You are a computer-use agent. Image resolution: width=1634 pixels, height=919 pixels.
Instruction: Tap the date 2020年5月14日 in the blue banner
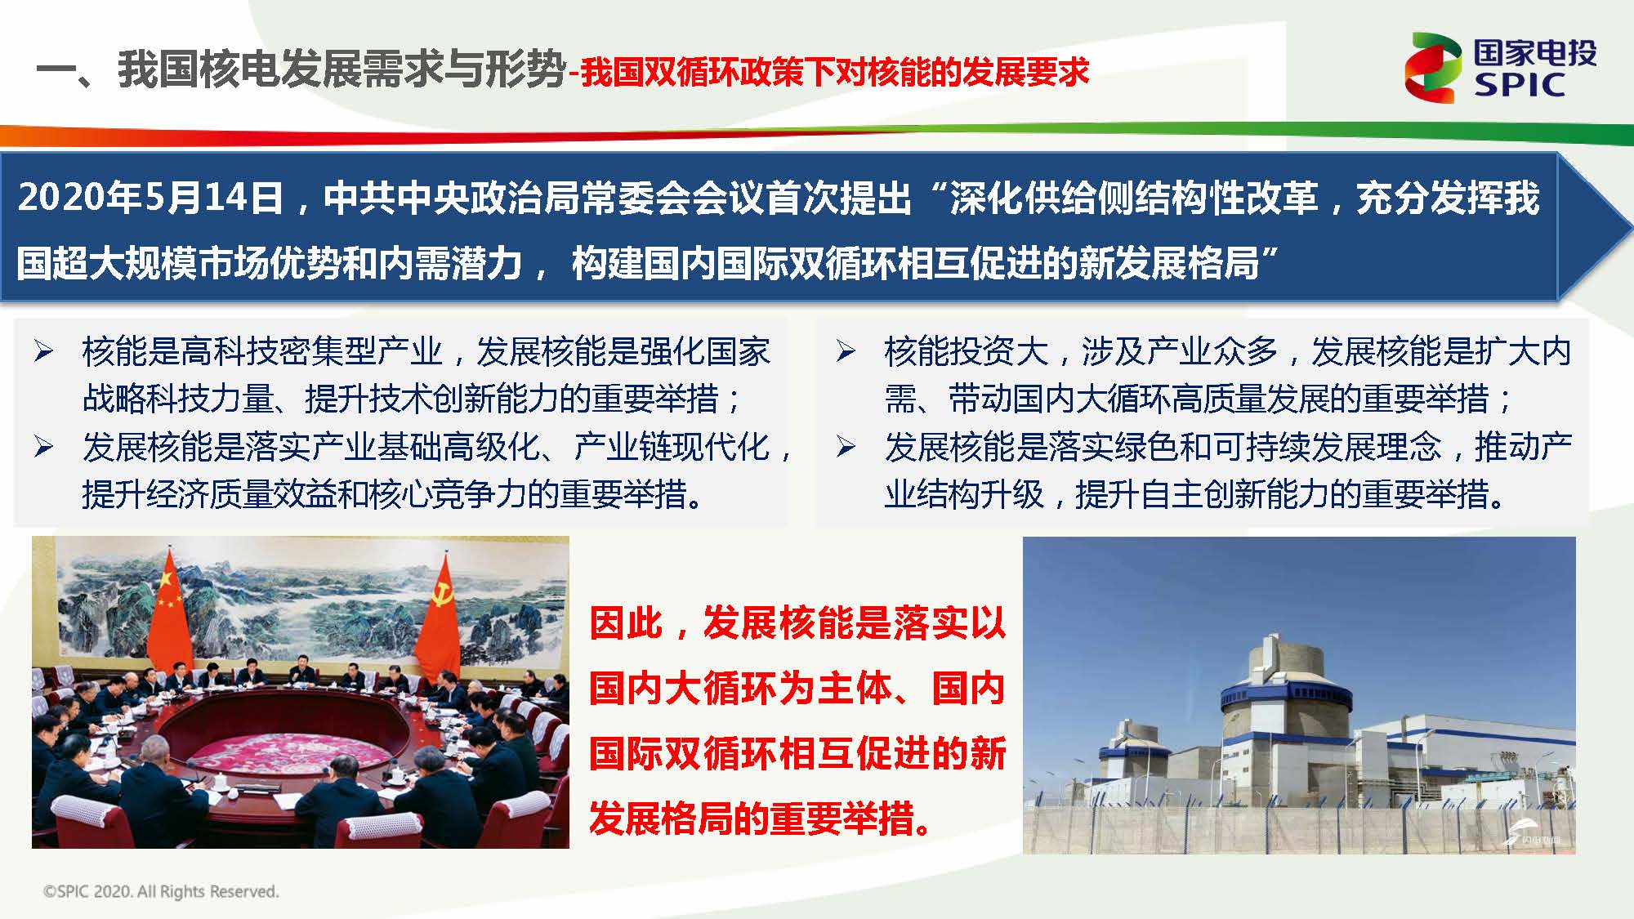150,199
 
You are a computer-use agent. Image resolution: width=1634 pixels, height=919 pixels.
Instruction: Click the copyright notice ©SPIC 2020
161,891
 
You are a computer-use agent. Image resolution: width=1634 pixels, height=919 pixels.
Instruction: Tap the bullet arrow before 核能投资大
846,351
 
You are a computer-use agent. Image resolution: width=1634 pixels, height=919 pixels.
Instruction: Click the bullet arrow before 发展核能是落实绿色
846,447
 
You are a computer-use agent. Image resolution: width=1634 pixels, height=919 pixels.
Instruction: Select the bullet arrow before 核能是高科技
43,351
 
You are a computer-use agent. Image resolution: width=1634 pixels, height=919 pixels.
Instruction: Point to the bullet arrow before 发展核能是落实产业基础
43,447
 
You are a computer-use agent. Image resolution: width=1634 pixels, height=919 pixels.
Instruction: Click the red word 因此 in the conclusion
626,623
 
